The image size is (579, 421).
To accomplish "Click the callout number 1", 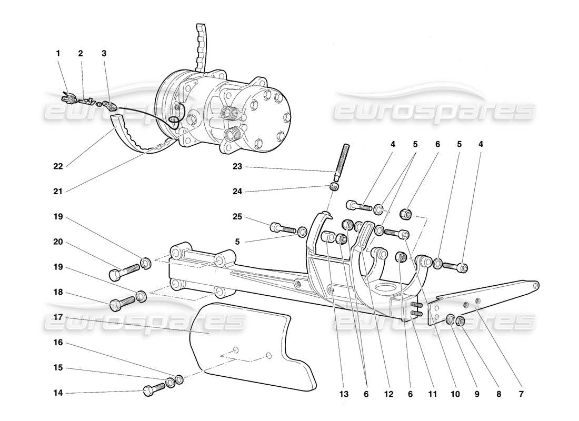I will pyautogui.click(x=58, y=53).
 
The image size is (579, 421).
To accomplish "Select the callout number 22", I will pyautogui.click(x=58, y=167).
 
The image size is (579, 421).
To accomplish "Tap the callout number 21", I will pyautogui.click(x=58, y=192).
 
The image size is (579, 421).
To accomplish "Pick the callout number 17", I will pyautogui.click(x=58, y=317).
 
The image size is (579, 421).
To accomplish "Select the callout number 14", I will pyautogui.click(x=58, y=393).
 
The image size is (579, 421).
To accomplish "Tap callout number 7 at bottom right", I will pyautogui.click(x=521, y=393).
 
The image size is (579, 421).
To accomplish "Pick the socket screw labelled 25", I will pyautogui.click(x=282, y=228).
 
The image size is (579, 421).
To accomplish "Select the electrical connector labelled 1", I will pyautogui.click(x=67, y=96).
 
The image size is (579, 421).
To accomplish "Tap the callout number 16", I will pyautogui.click(x=58, y=343).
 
